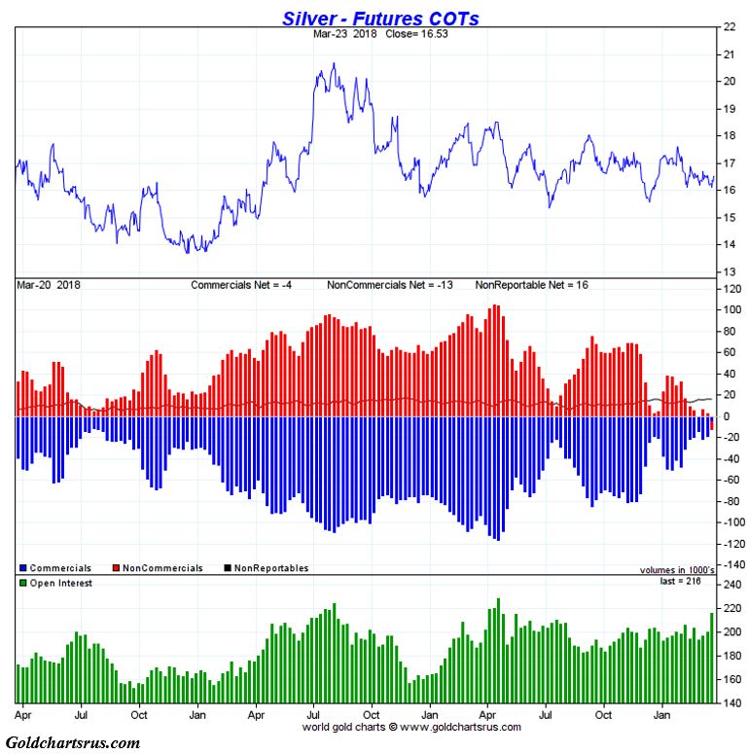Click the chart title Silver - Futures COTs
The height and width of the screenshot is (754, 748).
click(x=380, y=18)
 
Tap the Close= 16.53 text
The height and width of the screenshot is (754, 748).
click(x=395, y=33)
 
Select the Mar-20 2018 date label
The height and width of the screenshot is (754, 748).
click(x=49, y=285)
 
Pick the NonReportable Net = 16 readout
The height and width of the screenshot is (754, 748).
click(x=531, y=285)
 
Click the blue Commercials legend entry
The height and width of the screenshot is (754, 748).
click(x=56, y=568)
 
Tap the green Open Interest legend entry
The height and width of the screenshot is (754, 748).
click(x=56, y=583)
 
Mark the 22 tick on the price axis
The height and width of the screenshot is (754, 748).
click(x=728, y=27)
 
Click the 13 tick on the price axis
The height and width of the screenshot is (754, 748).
click(x=728, y=272)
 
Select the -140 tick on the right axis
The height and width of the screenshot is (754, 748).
click(x=730, y=564)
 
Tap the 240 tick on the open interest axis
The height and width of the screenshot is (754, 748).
click(x=730, y=586)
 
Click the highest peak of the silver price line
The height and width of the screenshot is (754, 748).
click(x=334, y=65)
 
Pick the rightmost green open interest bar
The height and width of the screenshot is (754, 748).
click(x=712, y=658)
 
